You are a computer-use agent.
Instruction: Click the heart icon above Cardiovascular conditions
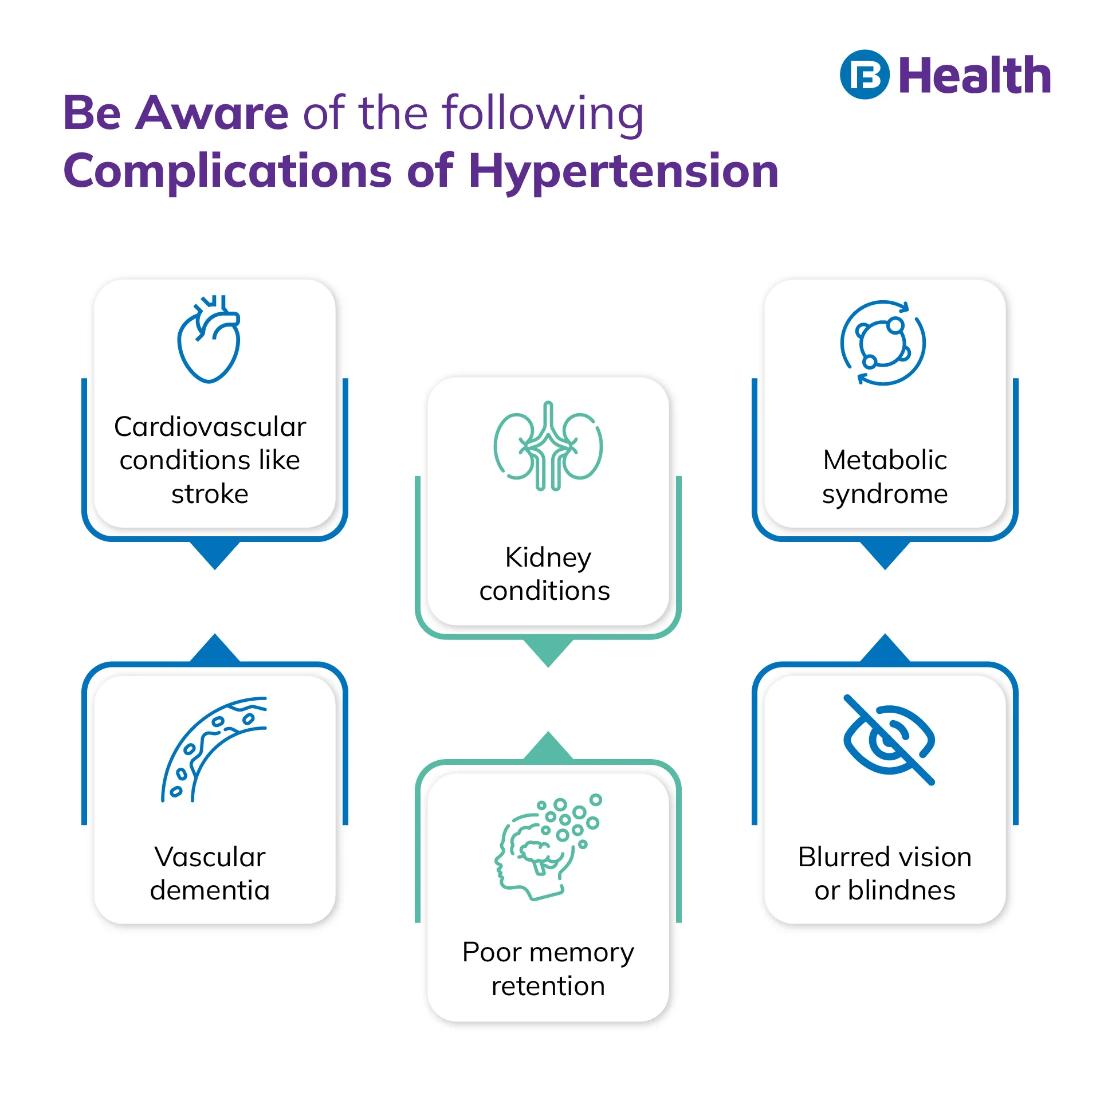209,339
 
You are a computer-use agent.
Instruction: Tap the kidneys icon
548,446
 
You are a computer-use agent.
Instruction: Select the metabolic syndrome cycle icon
883,343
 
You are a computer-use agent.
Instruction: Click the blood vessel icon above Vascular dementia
213,749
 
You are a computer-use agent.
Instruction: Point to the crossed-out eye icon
889,739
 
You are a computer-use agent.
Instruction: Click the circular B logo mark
865,75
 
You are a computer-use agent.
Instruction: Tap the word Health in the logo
975,75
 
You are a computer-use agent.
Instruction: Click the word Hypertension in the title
624,171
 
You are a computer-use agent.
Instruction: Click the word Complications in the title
227,171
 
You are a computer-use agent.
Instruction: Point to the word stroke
210,494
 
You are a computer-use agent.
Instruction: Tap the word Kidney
548,558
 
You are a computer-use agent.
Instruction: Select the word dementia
210,890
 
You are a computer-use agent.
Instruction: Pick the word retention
548,986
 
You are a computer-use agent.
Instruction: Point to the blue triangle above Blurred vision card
885,649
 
